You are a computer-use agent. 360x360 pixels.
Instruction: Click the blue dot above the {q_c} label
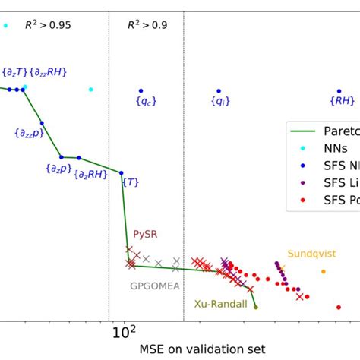coord(141,90)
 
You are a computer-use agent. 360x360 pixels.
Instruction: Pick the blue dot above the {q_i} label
coord(219,90)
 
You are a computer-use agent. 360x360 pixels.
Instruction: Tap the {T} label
coord(130,182)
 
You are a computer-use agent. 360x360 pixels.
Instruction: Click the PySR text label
coord(145,235)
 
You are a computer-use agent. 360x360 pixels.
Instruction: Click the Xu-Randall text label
coord(220,304)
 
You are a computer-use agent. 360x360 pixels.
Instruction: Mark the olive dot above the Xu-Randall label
coord(256,307)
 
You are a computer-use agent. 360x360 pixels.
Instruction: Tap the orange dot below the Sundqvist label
coord(324,271)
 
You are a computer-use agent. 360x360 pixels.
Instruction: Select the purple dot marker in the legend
coord(304,183)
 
